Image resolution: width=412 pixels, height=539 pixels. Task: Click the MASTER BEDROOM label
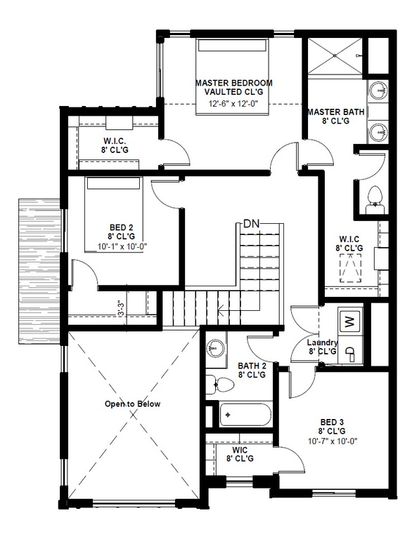pyautogui.click(x=233, y=83)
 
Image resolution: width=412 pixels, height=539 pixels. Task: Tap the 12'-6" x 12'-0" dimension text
pyautogui.click(x=233, y=104)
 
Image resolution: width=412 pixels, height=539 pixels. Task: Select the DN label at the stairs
pyautogui.click(x=252, y=224)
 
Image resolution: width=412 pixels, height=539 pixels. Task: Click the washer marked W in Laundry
pyautogui.click(x=349, y=322)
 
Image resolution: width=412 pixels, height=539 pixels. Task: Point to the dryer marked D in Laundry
pyautogui.click(x=349, y=355)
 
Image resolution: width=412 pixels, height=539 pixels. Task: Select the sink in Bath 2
pyautogui.click(x=216, y=348)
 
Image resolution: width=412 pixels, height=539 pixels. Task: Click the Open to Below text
pyautogui.click(x=133, y=404)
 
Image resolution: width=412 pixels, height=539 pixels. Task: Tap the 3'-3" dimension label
pyautogui.click(x=121, y=309)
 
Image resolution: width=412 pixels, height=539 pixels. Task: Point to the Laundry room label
pyautogui.click(x=323, y=342)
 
